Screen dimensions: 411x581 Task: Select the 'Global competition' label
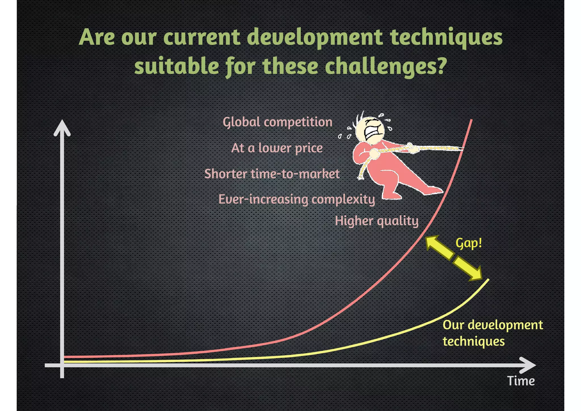coord(277,122)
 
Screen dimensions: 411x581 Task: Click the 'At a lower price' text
coord(277,148)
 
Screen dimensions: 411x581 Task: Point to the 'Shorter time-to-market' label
coord(272,174)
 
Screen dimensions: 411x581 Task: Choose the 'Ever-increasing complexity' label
coord(297,199)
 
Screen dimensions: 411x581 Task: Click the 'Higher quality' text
coord(377,221)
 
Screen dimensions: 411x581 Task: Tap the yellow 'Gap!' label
coord(469,243)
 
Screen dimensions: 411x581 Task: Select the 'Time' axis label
coord(521,381)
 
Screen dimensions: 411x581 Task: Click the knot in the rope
coord(410,147)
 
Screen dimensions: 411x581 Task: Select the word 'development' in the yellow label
coord(505,325)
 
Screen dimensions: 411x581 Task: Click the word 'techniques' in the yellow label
coord(473,341)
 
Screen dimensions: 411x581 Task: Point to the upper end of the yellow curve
coord(488,280)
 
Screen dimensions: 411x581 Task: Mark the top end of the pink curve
coord(471,120)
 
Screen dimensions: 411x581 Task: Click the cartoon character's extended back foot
coord(433,190)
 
